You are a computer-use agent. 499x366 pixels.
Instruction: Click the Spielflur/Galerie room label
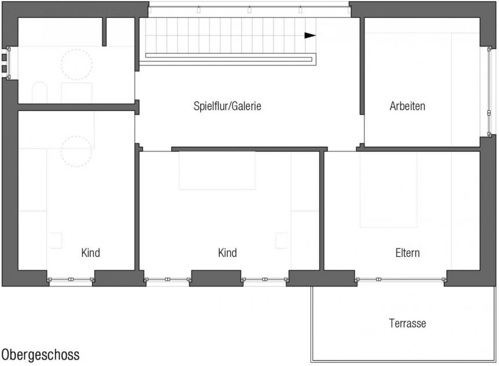pos(227,106)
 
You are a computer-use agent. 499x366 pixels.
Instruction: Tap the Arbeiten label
pos(407,106)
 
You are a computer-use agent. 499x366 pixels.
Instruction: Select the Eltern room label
pos(407,253)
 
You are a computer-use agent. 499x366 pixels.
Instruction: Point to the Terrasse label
pos(407,323)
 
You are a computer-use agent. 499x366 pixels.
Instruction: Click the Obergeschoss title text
pos(41,354)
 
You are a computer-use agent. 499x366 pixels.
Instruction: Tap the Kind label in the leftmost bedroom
pos(91,253)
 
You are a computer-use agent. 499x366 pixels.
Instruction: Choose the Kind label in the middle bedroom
pos(227,253)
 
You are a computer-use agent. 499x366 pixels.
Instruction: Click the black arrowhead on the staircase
pos(310,35)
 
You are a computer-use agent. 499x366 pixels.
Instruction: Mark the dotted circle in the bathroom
pos(77,49)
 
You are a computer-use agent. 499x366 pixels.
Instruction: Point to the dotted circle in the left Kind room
pos(77,136)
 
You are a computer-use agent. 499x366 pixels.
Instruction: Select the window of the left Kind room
pos(71,280)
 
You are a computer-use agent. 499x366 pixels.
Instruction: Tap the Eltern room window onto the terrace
pos(400,280)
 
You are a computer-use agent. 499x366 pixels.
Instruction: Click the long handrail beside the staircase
pos(229,60)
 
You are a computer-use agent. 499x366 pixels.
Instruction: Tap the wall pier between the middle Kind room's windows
pos(216,278)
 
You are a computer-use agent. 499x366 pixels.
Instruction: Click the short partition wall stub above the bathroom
pos(104,32)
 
